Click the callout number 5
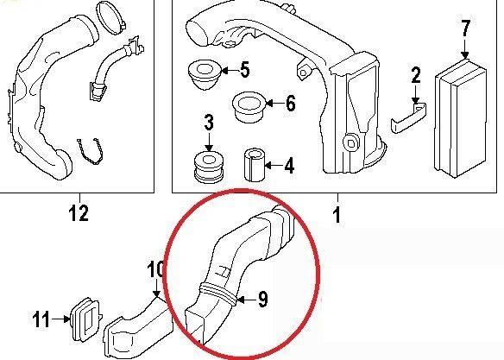(244, 70)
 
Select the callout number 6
(291, 104)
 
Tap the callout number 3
(209, 123)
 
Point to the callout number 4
(289, 166)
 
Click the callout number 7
(466, 28)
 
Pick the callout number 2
(416, 75)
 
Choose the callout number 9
(263, 300)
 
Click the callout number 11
(41, 319)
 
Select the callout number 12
(79, 212)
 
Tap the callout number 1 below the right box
(337, 215)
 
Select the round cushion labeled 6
(249, 107)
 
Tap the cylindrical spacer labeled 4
(254, 165)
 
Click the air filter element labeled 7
(461, 118)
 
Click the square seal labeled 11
(85, 319)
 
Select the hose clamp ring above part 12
(110, 17)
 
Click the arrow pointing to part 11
(61, 319)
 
